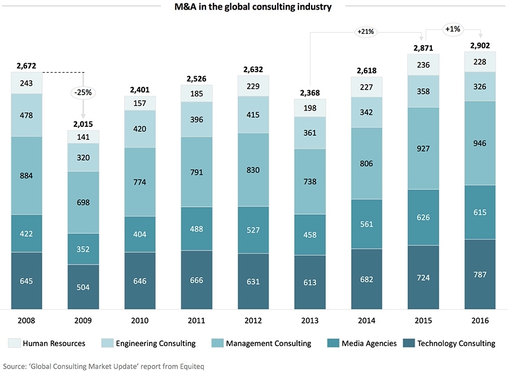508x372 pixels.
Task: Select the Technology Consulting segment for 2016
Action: coord(480,274)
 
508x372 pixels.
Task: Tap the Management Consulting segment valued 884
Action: coord(27,175)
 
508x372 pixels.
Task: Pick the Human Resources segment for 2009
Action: coord(84,136)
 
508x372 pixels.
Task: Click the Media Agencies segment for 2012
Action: coord(253,229)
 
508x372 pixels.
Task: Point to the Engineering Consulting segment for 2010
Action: coord(140,129)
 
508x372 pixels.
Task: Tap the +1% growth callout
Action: coord(452,28)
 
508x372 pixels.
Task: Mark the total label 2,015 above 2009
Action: coord(84,124)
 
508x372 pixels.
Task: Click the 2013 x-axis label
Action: coord(310,320)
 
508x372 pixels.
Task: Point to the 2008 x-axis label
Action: coord(27,320)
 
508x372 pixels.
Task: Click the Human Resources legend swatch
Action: coord(14,343)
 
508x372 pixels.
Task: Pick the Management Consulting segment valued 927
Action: coord(423,148)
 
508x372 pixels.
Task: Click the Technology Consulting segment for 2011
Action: coord(196,280)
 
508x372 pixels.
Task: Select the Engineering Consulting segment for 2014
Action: coord(366,113)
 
